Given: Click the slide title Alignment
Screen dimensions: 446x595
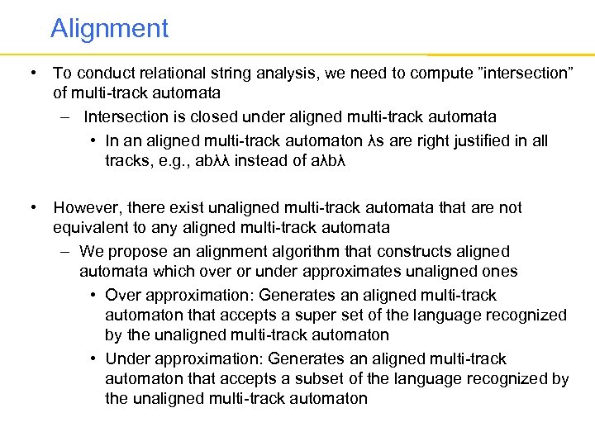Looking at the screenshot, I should click(109, 29).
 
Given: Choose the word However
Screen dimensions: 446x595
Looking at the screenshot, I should click(88, 207).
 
